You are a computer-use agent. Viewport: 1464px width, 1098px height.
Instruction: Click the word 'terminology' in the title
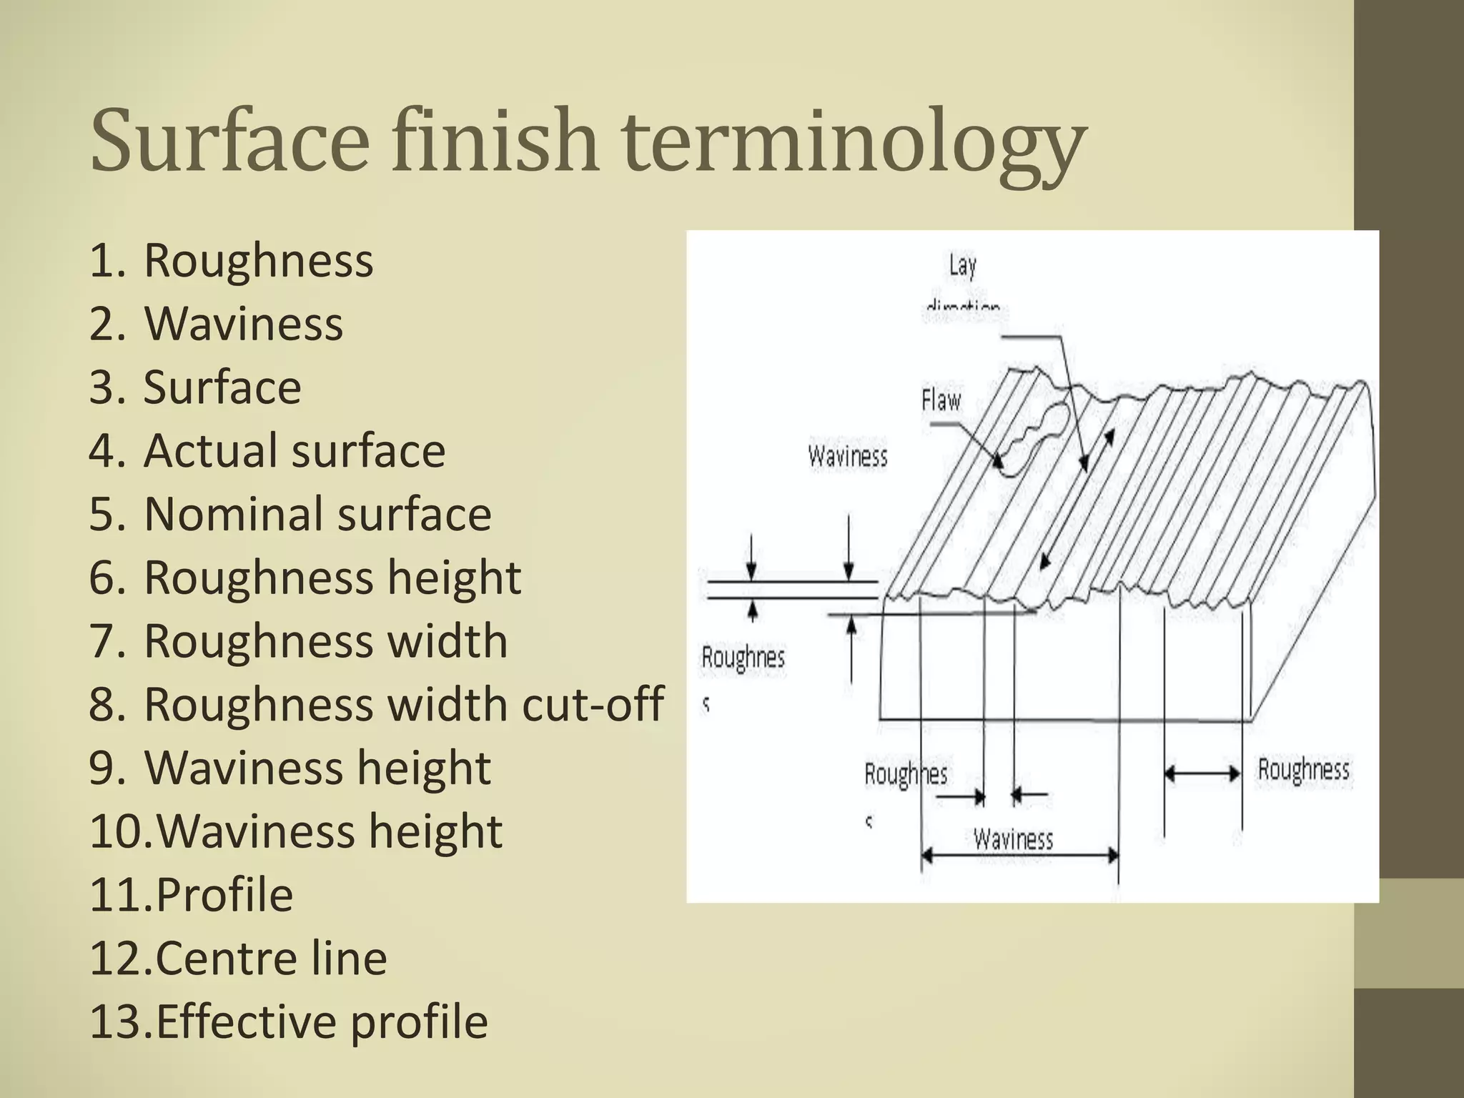tap(851, 140)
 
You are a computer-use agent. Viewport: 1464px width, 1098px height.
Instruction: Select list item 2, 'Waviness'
tap(244, 324)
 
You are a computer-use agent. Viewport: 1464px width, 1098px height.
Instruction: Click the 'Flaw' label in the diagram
tap(941, 400)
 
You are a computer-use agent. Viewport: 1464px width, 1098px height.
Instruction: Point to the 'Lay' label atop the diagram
tap(962, 265)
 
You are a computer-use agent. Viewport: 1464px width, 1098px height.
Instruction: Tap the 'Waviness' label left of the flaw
tap(848, 456)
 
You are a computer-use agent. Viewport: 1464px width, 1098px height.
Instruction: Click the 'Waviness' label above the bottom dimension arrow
tap(1013, 839)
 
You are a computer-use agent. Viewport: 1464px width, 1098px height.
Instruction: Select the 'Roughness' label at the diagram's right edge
tap(1303, 770)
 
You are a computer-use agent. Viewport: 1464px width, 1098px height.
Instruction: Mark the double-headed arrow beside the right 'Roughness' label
tap(1202, 773)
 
